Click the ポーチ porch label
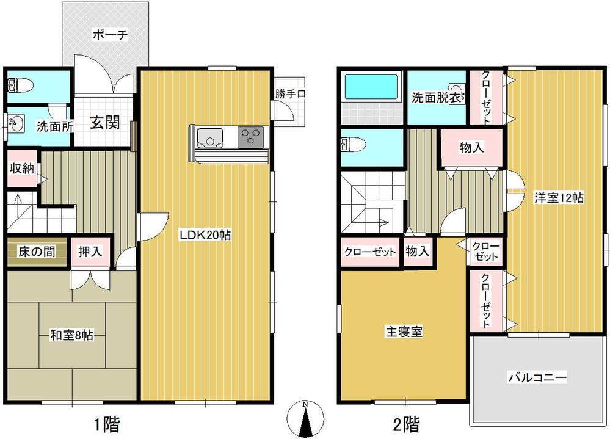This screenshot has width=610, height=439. coord(109,35)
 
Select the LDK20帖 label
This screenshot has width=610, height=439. coord(205,234)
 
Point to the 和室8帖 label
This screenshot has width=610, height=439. coord(71,335)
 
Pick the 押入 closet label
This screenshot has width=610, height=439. coord(90,251)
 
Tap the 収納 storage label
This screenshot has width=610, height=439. coord(20,168)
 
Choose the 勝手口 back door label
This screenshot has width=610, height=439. coord(289,94)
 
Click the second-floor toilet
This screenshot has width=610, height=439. coord(353,145)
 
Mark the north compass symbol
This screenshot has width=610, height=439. coord(308,419)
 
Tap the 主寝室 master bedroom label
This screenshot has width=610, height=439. coord(404,332)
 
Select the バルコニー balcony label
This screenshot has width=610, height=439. coord(538,377)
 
